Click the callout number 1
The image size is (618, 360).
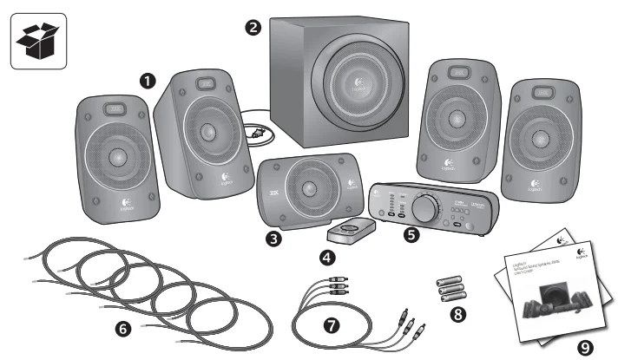[148, 79]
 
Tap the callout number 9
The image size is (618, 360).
[587, 347]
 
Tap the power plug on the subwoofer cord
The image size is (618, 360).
[257, 134]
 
